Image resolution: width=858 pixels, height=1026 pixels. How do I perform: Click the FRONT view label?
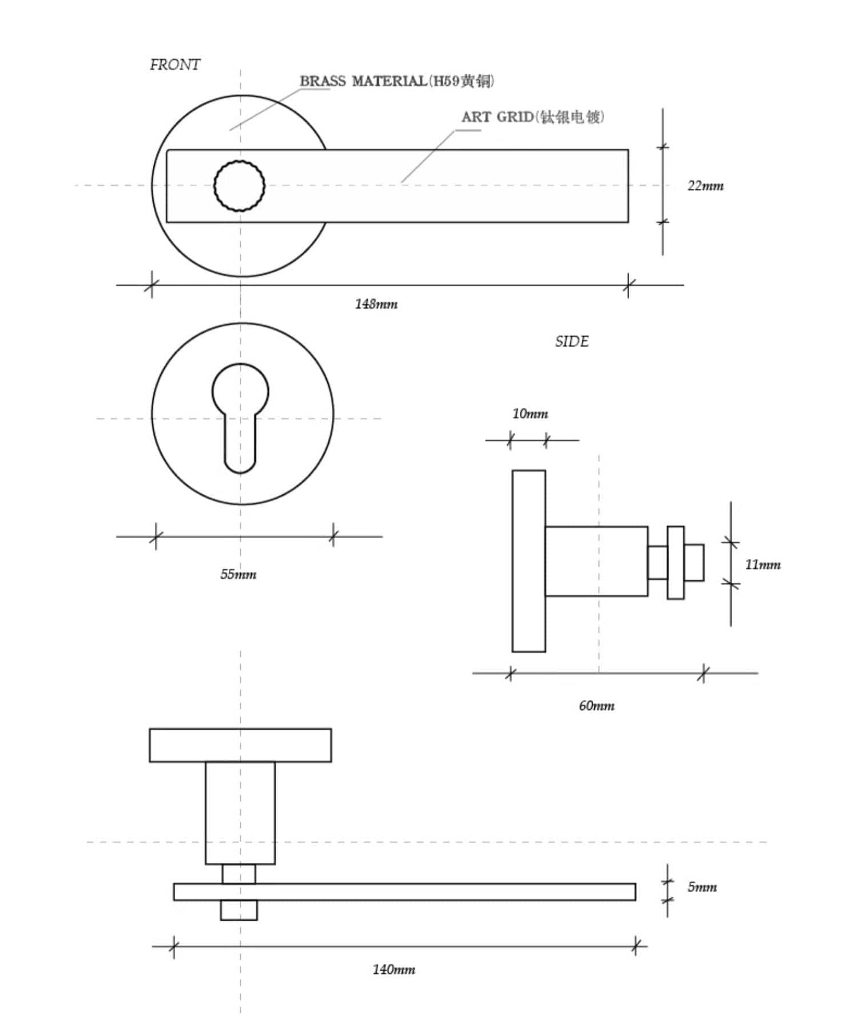[175, 65]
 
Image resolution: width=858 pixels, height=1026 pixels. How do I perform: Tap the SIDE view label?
[571, 341]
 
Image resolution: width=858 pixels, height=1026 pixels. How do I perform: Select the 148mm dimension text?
[376, 304]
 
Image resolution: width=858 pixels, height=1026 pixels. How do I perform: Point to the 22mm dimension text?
[705, 186]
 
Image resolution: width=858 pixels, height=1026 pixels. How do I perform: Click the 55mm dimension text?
[239, 574]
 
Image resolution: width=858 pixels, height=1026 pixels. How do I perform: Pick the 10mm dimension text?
[530, 413]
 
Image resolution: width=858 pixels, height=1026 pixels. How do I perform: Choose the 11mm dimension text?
[762, 564]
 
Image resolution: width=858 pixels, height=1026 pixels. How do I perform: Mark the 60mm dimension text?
[597, 706]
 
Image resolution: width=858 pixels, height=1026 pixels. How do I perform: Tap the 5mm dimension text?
[702, 887]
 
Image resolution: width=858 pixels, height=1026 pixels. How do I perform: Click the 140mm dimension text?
[394, 969]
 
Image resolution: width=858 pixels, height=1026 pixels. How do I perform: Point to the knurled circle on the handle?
[239, 186]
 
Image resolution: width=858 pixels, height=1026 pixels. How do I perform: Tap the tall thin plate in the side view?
[529, 561]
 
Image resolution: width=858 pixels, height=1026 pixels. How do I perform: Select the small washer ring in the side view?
[676, 563]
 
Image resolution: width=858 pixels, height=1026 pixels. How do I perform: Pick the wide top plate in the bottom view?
[240, 745]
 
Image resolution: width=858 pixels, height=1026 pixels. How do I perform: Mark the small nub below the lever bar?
[239, 910]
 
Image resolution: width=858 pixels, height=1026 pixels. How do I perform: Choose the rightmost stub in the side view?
[694, 563]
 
